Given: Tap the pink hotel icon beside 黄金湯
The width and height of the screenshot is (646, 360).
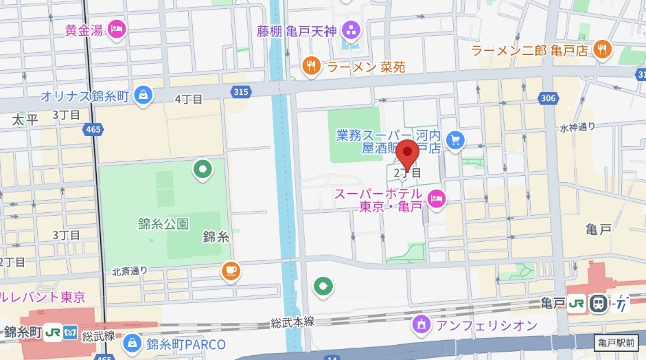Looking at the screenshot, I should [x=117, y=30].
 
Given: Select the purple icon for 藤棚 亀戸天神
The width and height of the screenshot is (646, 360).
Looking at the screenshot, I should [x=351, y=30].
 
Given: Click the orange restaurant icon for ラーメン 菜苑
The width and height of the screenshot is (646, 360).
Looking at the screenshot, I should [x=312, y=66].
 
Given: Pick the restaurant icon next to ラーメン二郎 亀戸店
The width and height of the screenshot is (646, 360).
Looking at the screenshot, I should [x=603, y=49].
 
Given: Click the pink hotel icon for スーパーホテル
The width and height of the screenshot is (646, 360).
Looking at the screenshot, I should [x=435, y=200].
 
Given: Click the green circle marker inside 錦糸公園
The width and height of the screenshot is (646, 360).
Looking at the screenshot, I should [x=203, y=168].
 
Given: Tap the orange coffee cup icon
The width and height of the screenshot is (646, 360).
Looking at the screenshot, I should [x=231, y=271].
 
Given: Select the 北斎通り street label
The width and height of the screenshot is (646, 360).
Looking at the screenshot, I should [x=130, y=271].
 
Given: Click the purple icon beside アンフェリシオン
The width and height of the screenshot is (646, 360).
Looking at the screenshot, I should [x=420, y=323].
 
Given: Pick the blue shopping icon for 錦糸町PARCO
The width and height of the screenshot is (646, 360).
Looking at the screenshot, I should [x=134, y=341].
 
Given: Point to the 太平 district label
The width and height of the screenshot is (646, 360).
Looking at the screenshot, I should [x=23, y=120].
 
